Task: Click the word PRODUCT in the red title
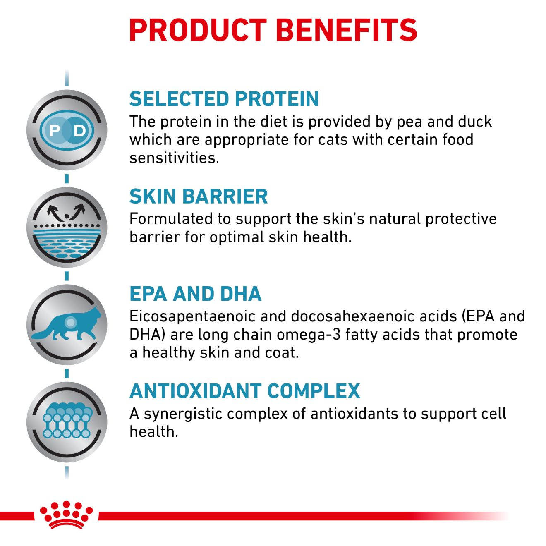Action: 198,30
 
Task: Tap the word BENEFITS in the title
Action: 346,30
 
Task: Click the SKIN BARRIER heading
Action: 199,196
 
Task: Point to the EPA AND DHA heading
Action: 195,294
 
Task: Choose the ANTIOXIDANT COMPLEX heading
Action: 244,391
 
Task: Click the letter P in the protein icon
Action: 54,131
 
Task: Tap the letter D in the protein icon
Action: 79,131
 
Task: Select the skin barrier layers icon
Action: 67,227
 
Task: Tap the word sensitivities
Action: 174,158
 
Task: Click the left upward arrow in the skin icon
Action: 55,213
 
